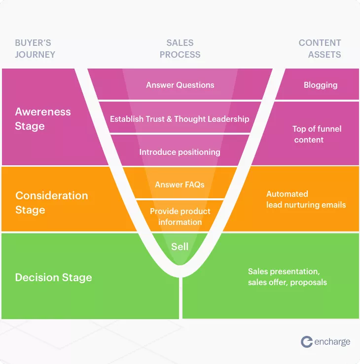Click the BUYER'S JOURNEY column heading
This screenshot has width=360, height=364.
pos(35,49)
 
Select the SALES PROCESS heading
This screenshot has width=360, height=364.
pos(180,49)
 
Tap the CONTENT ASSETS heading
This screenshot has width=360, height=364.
pos(320,49)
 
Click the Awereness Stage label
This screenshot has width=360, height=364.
pos(43,119)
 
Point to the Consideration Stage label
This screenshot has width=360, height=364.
pos(52,203)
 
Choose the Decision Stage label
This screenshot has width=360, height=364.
pos(54,277)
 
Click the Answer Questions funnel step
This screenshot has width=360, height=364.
pos(180,85)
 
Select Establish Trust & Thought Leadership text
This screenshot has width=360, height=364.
pos(180,119)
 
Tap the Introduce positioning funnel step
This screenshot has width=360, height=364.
pos(180,152)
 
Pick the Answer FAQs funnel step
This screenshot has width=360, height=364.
pos(180,184)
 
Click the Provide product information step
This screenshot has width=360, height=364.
pos(180,217)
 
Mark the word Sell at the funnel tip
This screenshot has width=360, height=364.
pos(180,247)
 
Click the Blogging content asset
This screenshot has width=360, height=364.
pos(321,85)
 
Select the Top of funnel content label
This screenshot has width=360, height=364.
pos(317,134)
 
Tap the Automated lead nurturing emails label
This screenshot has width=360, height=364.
pos(306,199)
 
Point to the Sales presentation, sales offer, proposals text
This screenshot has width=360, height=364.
pos(288,277)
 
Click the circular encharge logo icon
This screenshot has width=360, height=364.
pos(307,342)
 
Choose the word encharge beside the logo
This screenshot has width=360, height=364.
pos(332,342)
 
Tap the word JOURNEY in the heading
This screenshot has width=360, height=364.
pos(35,55)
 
